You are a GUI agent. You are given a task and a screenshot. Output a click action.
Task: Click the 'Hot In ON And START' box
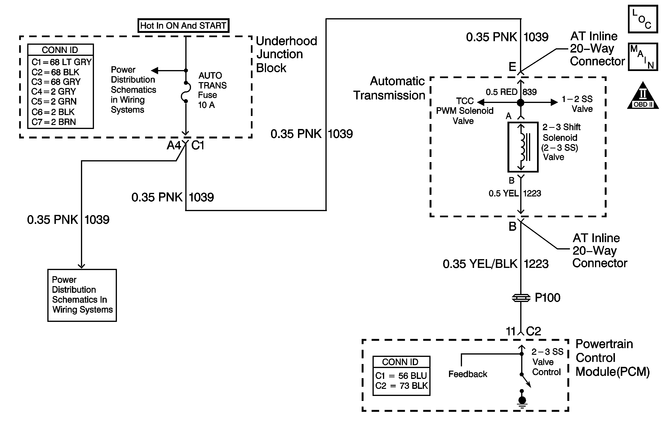[x=183, y=26]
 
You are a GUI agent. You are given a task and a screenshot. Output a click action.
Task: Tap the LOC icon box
[x=643, y=19]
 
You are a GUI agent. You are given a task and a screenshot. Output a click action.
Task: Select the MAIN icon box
[x=643, y=57]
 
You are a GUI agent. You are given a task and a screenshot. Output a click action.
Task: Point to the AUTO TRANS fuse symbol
[x=186, y=92]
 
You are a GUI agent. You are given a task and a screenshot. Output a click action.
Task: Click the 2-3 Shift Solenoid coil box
[x=523, y=147]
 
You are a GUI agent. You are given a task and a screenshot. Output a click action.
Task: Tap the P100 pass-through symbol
[x=521, y=298]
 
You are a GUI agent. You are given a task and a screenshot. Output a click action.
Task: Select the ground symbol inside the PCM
[x=522, y=400]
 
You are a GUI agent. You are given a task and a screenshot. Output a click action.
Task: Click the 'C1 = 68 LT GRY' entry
[x=61, y=62]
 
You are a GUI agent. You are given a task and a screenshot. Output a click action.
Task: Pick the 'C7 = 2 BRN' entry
[x=54, y=122]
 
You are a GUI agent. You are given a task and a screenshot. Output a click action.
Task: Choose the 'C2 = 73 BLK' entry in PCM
[x=401, y=386]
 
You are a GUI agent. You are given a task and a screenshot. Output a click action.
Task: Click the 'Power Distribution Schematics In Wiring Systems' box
[x=82, y=295]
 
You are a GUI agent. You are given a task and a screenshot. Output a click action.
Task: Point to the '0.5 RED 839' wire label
[x=511, y=92]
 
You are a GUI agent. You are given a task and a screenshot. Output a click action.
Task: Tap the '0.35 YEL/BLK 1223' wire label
[x=495, y=264]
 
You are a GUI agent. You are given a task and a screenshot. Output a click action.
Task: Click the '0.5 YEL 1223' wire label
[x=514, y=193]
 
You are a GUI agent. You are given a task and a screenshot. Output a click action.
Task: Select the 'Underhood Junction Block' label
[x=286, y=54]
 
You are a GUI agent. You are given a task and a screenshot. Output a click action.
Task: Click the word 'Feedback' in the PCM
[x=468, y=374]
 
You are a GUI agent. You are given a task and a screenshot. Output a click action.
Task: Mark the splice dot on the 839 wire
[x=520, y=103]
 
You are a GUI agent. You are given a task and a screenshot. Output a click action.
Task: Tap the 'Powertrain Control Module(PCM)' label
[x=612, y=358]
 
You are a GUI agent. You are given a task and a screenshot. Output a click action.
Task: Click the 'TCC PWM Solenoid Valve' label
[x=465, y=111]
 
